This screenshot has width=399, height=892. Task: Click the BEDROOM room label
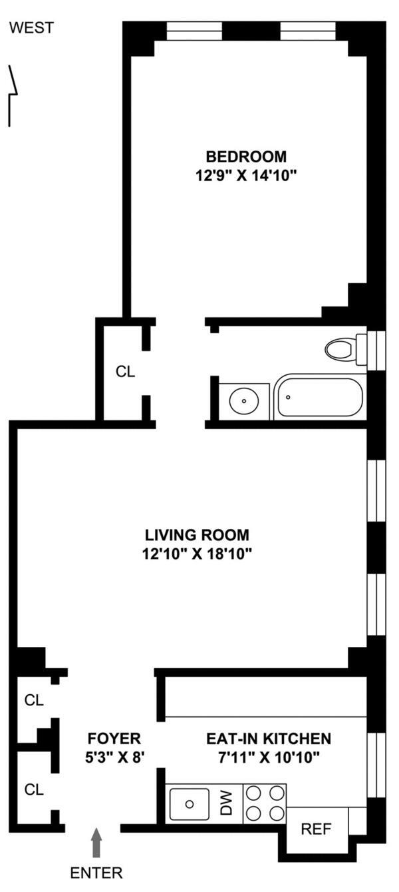click(246, 157)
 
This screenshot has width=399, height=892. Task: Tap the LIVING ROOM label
click(198, 535)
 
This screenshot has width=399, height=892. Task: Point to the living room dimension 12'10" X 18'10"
click(198, 553)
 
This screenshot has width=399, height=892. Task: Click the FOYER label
click(114, 738)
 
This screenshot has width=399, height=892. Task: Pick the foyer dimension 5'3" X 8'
click(114, 756)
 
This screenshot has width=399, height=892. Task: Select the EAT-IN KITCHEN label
click(268, 738)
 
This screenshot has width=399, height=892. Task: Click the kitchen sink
click(190, 803)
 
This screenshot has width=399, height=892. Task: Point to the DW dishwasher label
click(227, 804)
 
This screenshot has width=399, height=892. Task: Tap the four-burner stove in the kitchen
click(265, 803)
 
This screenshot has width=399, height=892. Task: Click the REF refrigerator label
click(317, 829)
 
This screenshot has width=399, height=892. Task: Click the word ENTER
click(96, 873)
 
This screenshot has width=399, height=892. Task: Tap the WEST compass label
click(32, 28)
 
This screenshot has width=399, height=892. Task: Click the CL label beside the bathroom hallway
click(125, 372)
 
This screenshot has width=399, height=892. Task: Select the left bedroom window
click(194, 31)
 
